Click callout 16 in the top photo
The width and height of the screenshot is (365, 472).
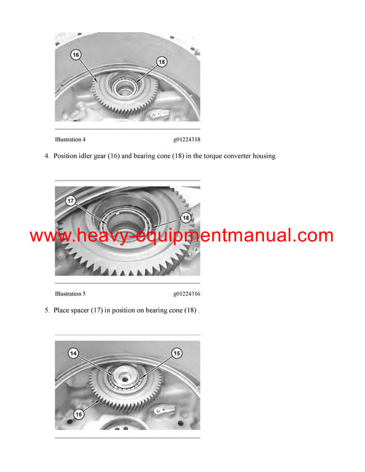point(76,55)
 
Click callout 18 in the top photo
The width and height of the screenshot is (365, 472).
point(161,61)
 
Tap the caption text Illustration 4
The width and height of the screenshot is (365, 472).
point(70,139)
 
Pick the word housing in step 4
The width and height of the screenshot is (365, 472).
point(262,156)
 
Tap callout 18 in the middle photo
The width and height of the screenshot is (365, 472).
point(185,217)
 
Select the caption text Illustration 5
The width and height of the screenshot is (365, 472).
point(70,294)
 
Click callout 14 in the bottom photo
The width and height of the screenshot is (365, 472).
point(74,353)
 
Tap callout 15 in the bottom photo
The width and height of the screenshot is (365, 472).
point(177,353)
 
